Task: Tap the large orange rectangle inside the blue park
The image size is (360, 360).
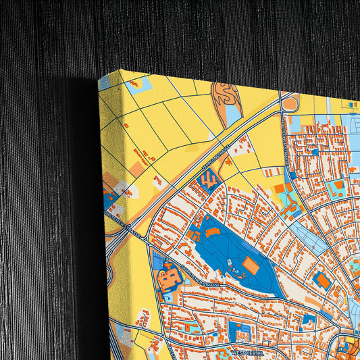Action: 250,265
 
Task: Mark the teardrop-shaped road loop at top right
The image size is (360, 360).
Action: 290,103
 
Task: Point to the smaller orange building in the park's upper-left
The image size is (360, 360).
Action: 212,232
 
